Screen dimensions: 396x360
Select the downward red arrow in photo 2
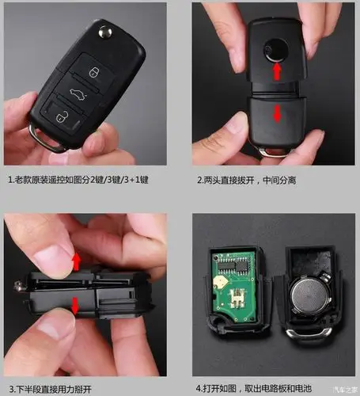[x=277, y=113]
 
